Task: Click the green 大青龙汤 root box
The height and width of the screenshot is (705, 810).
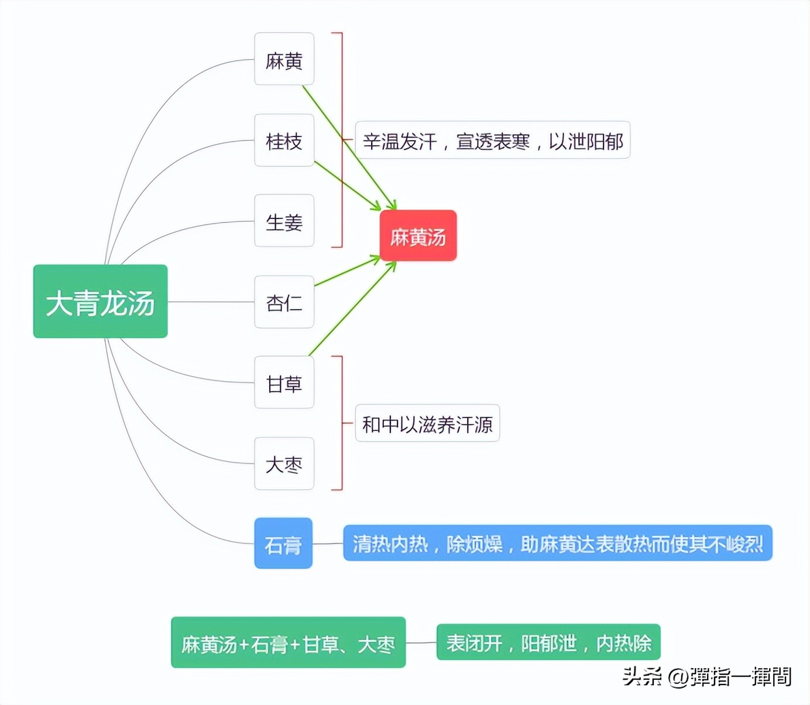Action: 100,302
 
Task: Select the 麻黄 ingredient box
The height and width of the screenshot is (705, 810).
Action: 284,59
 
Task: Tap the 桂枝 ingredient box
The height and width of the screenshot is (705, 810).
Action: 284,141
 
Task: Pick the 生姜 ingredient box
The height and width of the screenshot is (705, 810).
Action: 284,221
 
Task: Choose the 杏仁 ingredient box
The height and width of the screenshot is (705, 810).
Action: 284,302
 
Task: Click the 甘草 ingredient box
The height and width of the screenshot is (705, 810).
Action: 284,382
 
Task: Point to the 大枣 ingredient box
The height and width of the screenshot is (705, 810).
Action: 284,463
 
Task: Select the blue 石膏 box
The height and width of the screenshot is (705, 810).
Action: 283,543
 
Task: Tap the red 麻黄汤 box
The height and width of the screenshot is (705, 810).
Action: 418,235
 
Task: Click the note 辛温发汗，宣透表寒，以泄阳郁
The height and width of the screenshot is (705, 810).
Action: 492,140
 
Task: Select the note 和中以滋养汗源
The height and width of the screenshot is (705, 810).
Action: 427,423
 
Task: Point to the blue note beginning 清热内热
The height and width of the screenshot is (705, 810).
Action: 557,543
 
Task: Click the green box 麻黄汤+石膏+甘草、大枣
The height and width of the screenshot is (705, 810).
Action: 288,642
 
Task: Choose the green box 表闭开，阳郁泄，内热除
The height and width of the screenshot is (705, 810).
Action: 548,642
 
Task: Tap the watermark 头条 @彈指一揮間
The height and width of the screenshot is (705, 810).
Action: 706,676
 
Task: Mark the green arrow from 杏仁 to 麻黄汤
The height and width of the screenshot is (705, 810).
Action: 346,272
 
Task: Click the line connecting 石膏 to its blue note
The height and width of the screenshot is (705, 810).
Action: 328,544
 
